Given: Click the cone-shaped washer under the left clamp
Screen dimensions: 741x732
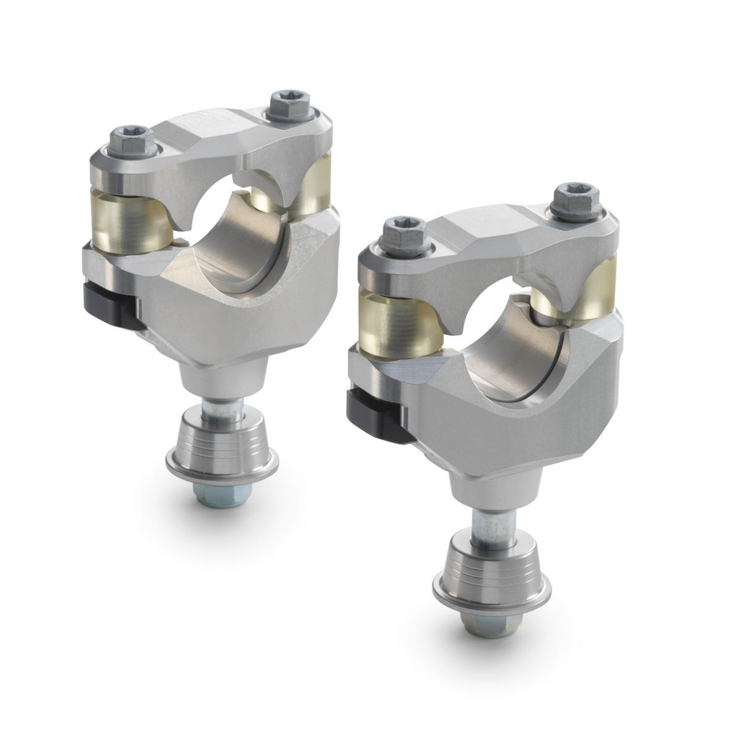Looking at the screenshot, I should (221, 446).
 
